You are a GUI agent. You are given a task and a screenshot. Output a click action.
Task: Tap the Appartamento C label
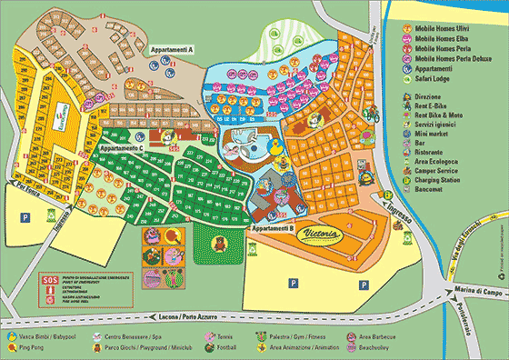[x=123, y=146]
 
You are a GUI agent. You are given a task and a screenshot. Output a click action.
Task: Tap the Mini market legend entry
[x=434, y=130]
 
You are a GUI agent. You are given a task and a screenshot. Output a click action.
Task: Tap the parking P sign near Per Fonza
[x=25, y=218]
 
